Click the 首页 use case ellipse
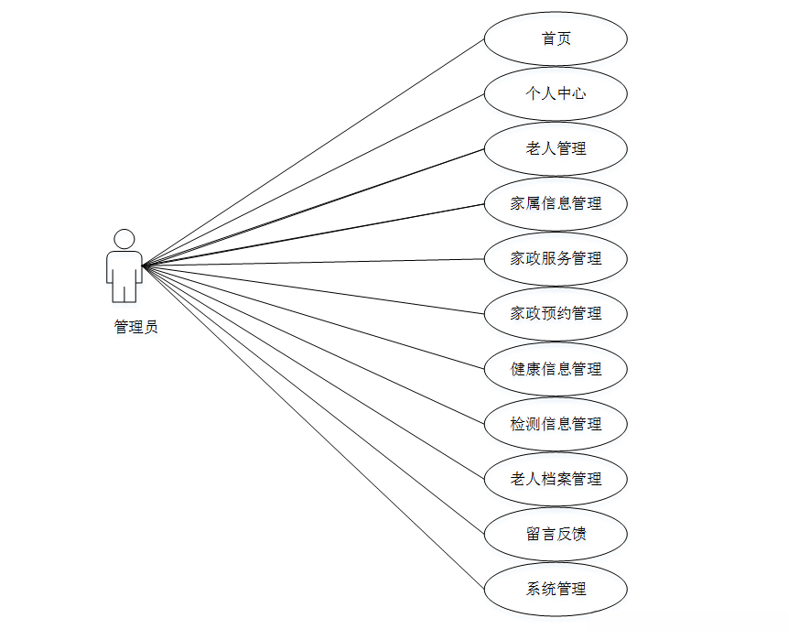(556, 38)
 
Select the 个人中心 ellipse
(556, 93)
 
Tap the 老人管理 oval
(556, 148)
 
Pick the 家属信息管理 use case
(556, 203)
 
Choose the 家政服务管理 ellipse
(556, 258)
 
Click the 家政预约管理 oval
(556, 313)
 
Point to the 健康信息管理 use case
(556, 369)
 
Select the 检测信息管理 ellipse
(556, 424)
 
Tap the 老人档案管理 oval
(556, 479)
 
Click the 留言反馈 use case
(556, 534)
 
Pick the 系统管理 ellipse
(556, 589)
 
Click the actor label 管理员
(135, 327)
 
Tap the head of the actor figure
(124, 238)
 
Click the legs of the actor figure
(124, 291)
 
